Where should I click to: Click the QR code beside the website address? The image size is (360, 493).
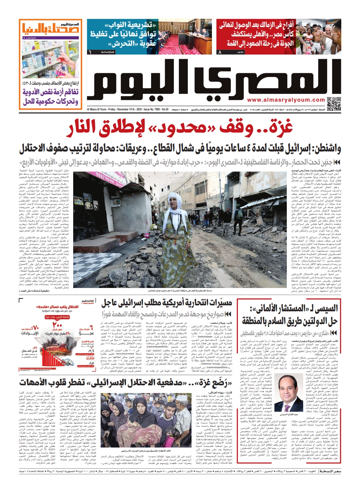334,104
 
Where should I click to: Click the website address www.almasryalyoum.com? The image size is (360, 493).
286,100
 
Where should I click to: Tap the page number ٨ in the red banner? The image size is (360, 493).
220,52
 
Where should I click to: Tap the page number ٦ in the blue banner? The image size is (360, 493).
90,52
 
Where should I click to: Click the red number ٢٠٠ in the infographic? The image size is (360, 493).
57,325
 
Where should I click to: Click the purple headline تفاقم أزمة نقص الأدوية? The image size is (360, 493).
50,92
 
